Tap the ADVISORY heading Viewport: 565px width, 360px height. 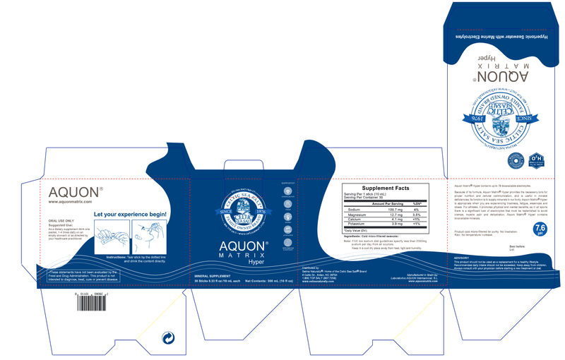tap(463, 258)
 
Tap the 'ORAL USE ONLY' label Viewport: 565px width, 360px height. tap(61, 221)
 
